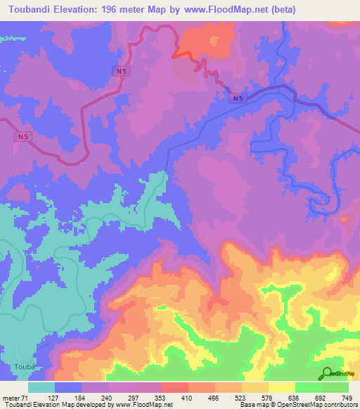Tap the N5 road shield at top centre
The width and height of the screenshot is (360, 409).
pyautogui.click(x=122, y=71)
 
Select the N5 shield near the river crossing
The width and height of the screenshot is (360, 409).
pyautogui.click(x=240, y=99)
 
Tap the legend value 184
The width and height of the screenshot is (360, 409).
pyautogui.click(x=69, y=398)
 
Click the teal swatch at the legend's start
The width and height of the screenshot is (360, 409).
pyautogui.click(x=41, y=387)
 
